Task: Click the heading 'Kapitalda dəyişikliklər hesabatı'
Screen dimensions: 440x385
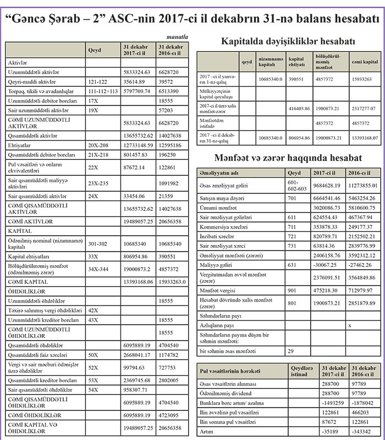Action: (x=287, y=41)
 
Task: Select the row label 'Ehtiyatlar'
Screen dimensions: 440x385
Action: (x=20, y=145)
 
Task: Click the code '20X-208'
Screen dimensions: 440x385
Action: (x=100, y=145)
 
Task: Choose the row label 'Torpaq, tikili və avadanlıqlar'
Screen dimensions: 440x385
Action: (x=43, y=90)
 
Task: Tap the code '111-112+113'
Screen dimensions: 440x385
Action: (x=103, y=90)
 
